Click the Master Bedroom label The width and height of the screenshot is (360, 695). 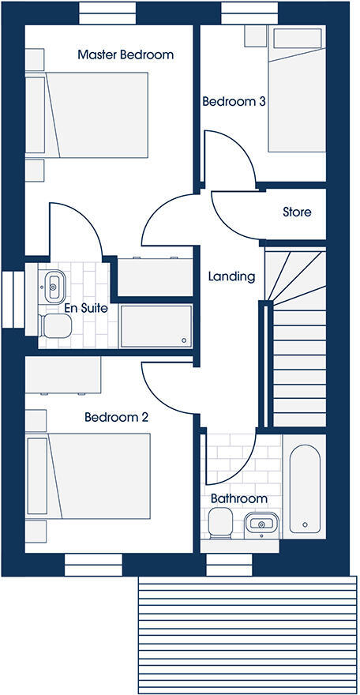[x=125, y=54]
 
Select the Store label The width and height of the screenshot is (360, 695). [x=297, y=212]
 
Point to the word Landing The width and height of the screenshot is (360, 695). [x=231, y=276]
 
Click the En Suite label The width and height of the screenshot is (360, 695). [x=65, y=307]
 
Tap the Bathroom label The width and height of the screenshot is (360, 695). [x=238, y=499]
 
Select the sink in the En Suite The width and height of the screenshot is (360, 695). [x=54, y=284]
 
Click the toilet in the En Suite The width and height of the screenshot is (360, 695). [x=55, y=325]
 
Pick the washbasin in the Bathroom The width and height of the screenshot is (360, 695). [x=260, y=522]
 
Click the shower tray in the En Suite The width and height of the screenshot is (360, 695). [x=155, y=326]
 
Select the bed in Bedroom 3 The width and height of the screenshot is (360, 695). [x=295, y=88]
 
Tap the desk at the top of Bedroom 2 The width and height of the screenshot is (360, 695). [x=63, y=375]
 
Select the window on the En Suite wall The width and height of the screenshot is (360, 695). [x=10, y=298]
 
